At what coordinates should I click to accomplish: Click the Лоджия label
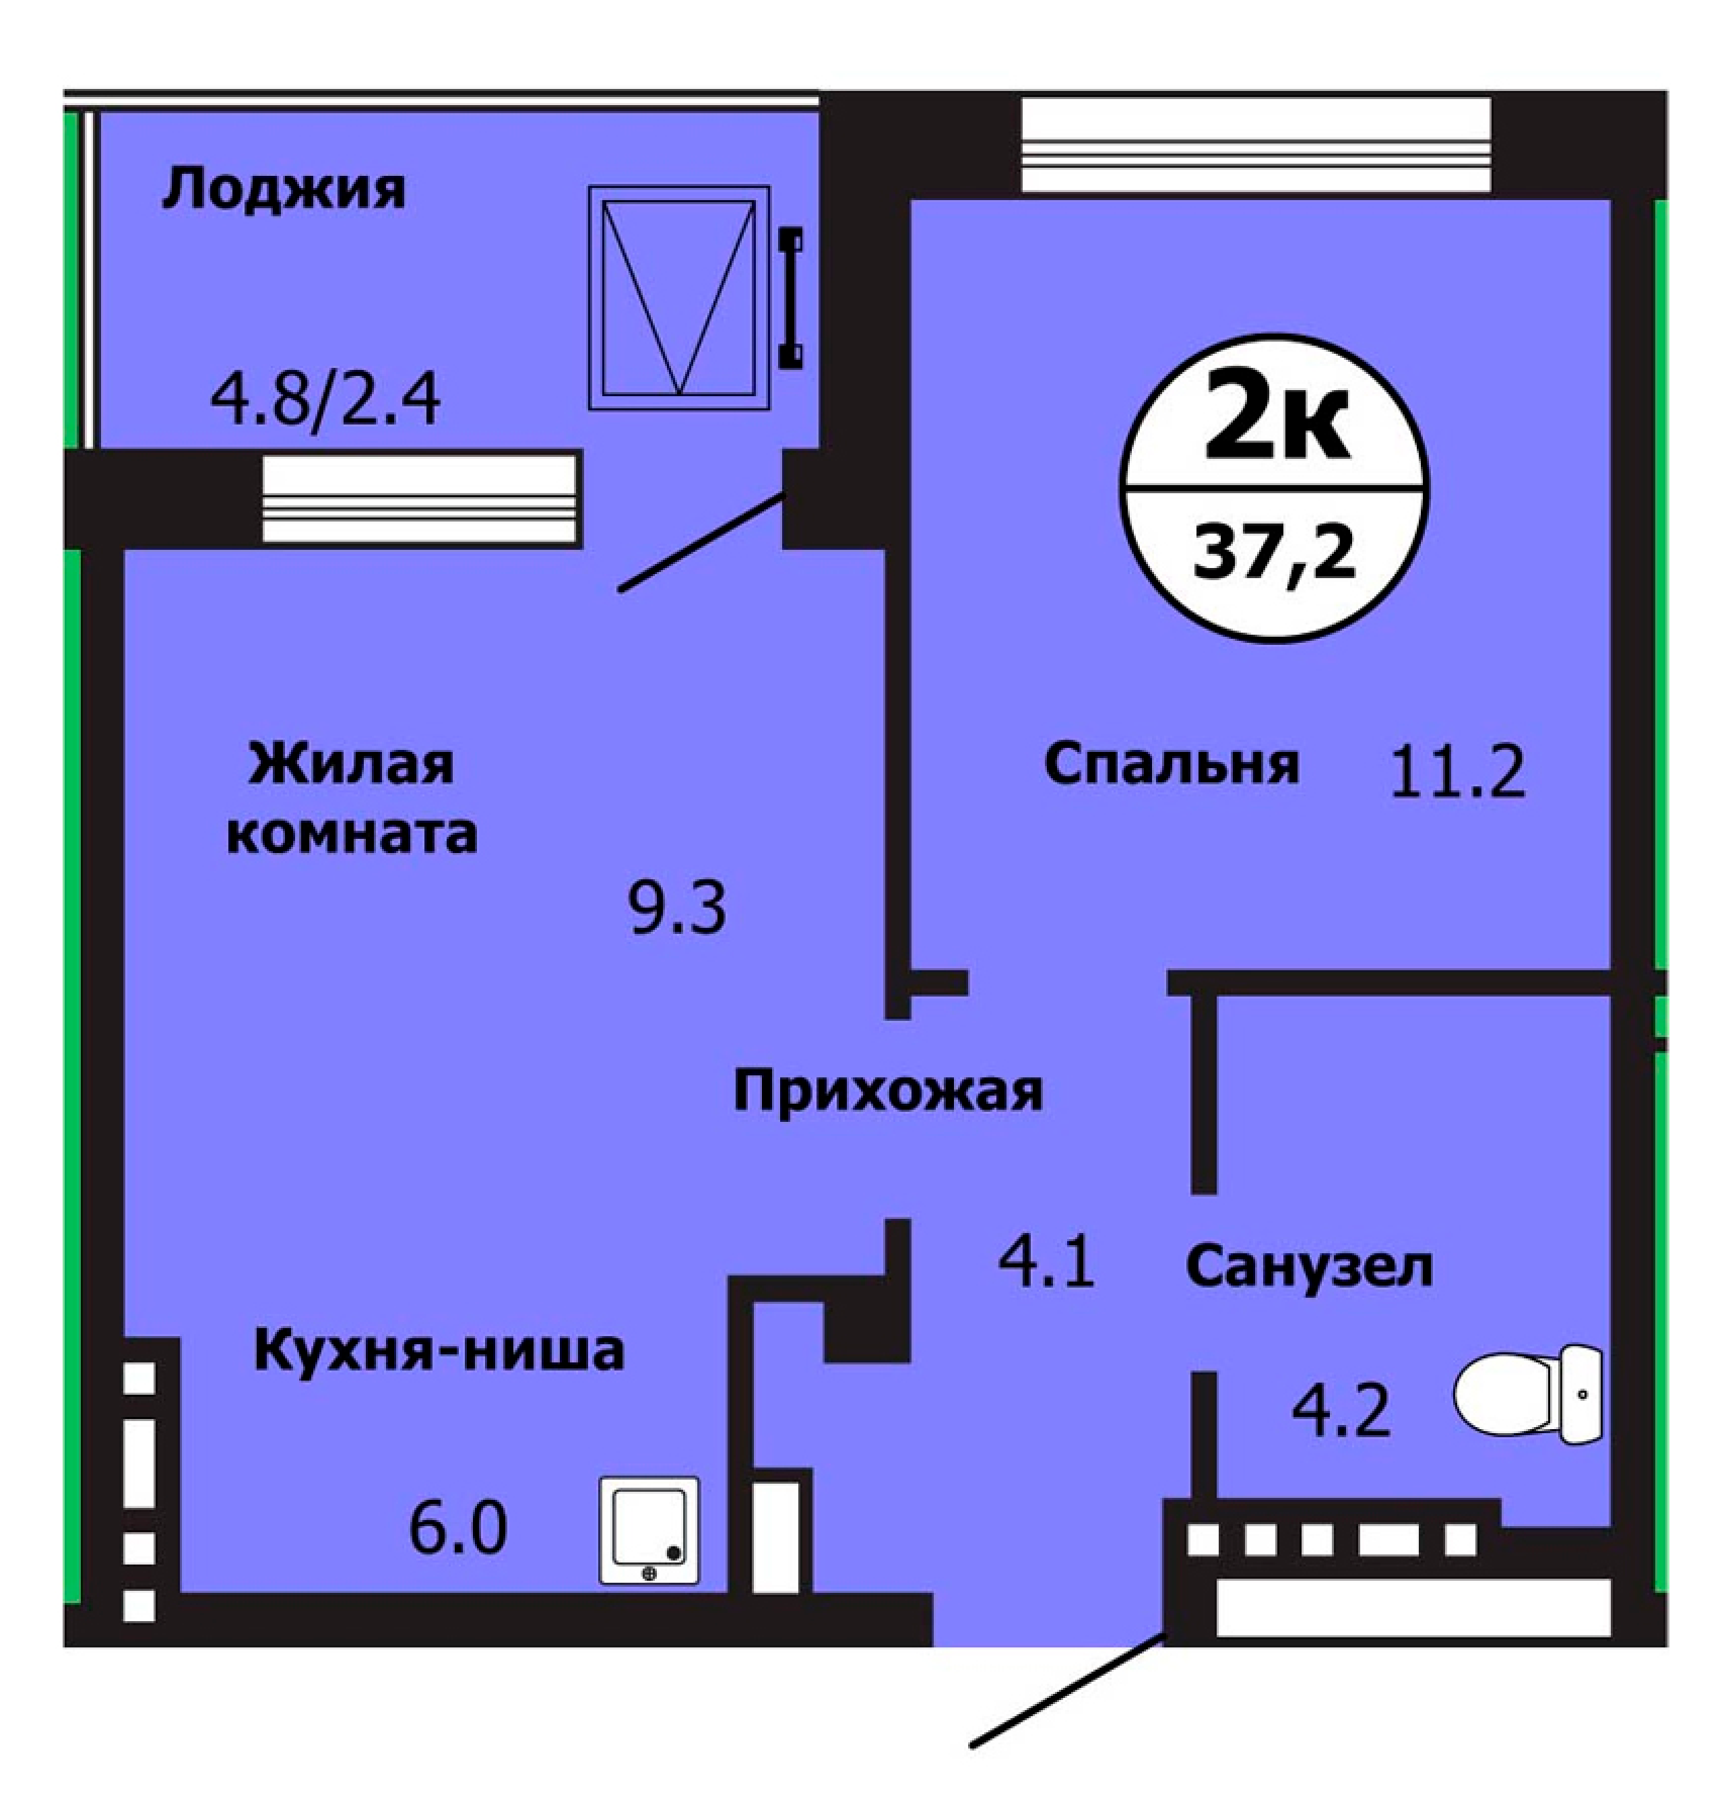tap(283, 191)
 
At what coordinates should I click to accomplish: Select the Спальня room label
tap(1172, 765)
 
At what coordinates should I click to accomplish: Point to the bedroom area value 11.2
tap(1457, 770)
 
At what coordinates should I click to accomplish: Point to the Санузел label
tap(1308, 1266)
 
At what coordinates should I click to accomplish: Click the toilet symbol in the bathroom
tap(1529, 1395)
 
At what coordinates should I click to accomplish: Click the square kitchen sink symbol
tap(649, 1530)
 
